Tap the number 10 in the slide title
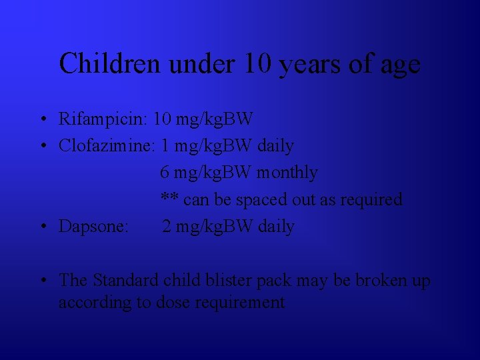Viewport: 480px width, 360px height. pos(257,64)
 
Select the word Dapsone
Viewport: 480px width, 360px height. pos(93,227)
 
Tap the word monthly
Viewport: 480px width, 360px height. pos(287,173)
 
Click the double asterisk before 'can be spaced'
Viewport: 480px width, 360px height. pos(169,199)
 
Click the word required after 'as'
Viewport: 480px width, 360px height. pos(373,200)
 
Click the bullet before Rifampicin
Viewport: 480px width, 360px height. pos(42,120)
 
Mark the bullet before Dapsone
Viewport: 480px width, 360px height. pos(42,227)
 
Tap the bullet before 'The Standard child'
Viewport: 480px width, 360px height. pos(42,281)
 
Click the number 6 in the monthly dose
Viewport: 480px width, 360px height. pos(165,173)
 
